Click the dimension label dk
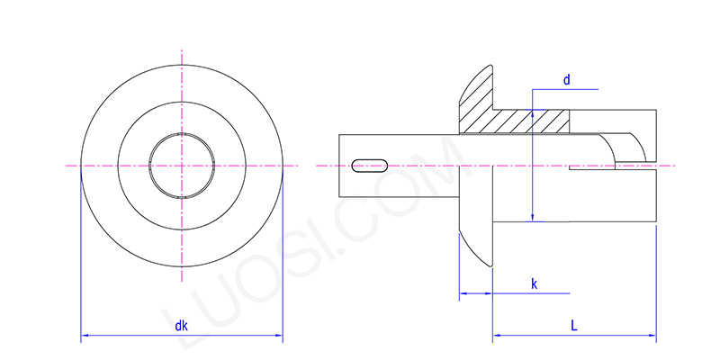181,327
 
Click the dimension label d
566,80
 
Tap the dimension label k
534,284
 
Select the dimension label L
574,326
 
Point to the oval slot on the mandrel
370,165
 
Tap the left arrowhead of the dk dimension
85,337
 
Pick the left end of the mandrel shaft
341,166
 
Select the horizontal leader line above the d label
564,88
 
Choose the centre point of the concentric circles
182,166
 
